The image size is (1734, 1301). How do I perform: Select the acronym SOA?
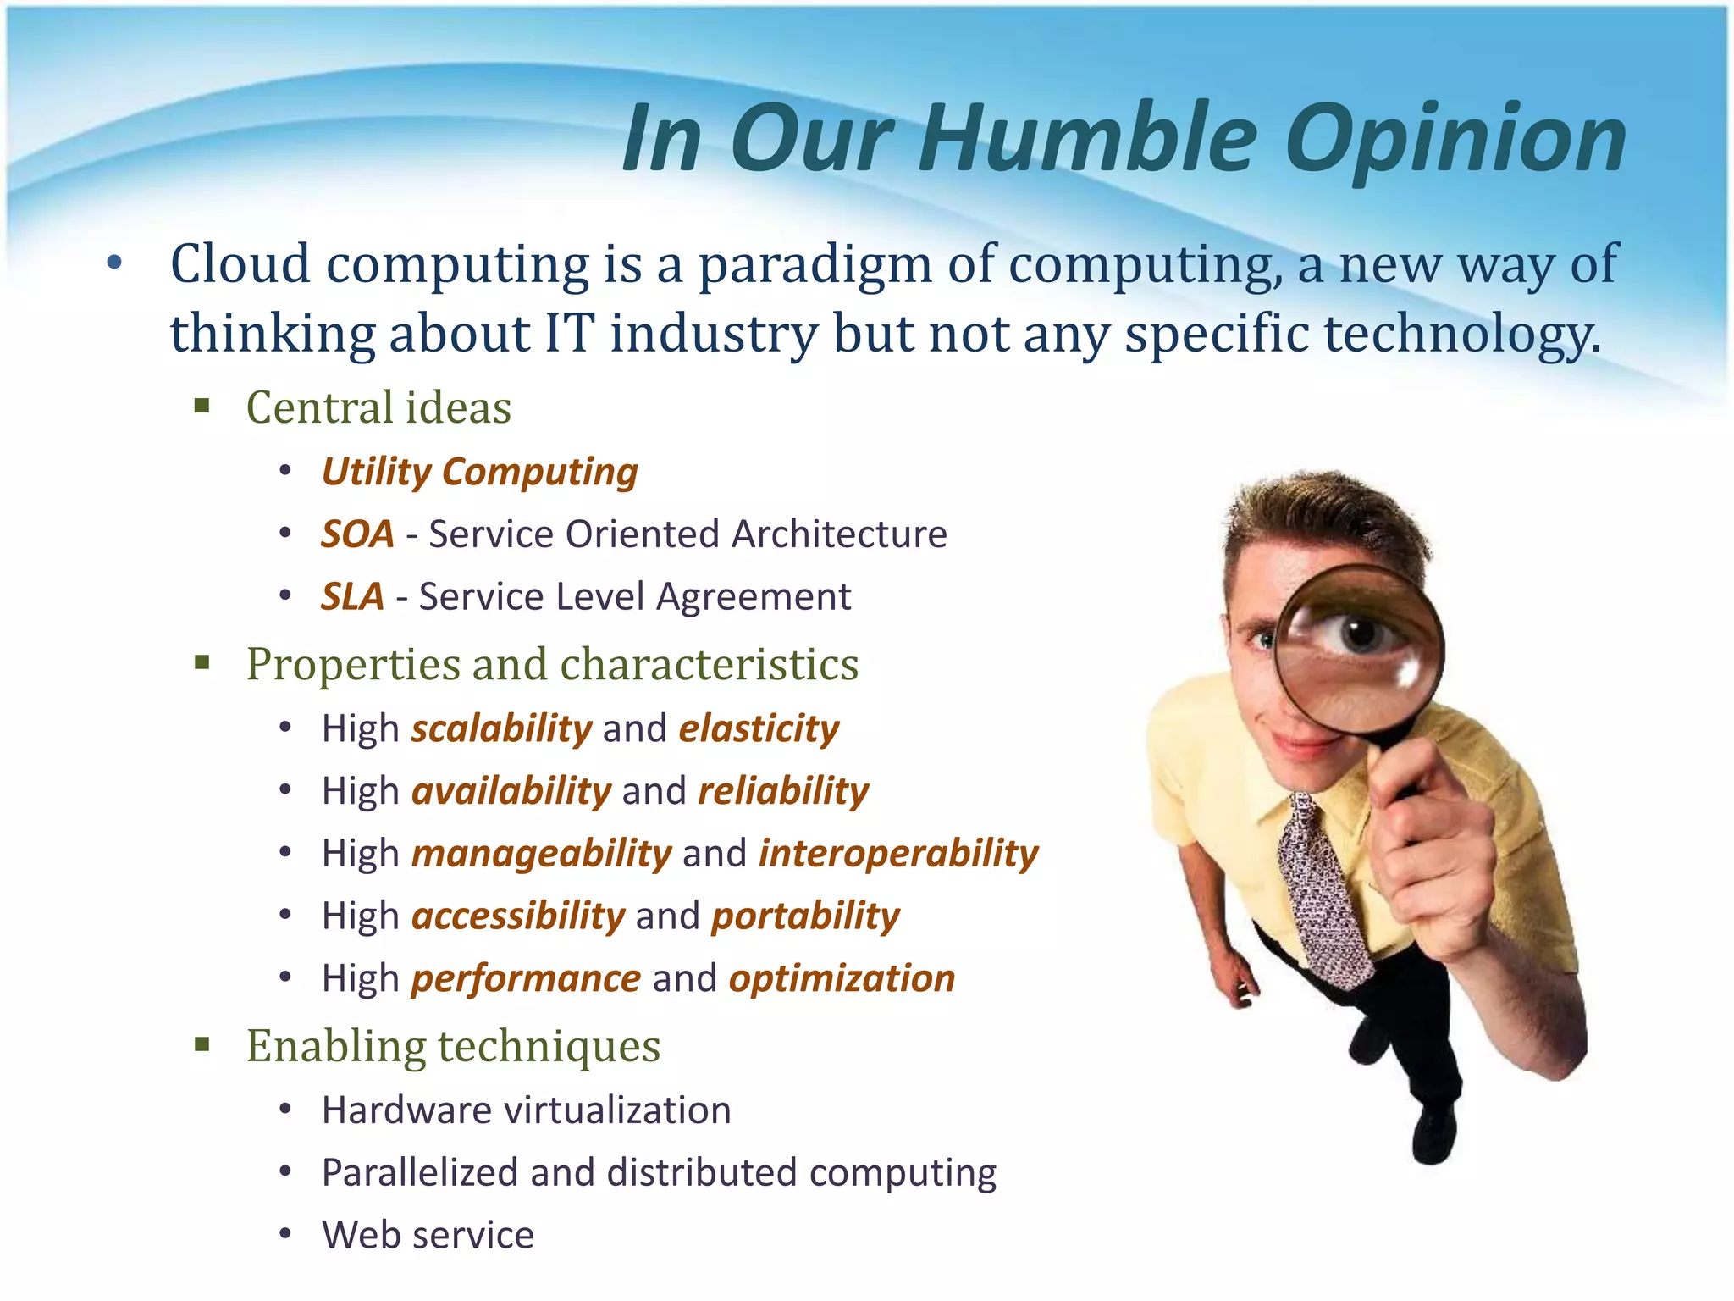tap(357, 534)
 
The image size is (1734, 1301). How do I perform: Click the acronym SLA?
tap(352, 597)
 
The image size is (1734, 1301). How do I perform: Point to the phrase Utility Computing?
tap(479, 472)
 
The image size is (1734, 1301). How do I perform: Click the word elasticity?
tap(759, 729)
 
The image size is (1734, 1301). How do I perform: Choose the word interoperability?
tap(898, 854)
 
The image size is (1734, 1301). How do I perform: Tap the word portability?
tap(805, 916)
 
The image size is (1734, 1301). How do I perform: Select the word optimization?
tap(842, 979)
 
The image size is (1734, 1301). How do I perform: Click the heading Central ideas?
tap(378, 407)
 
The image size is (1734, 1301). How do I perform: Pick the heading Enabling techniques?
tap(453, 1046)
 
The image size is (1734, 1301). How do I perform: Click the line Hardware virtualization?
tap(526, 1110)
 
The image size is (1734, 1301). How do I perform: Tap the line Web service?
tap(428, 1235)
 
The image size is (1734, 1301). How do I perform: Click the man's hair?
tap(1321, 517)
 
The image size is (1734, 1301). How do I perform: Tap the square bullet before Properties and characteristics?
tap(202, 662)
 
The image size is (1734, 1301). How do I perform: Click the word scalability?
tap(502, 729)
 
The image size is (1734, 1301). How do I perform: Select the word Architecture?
tap(839, 534)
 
